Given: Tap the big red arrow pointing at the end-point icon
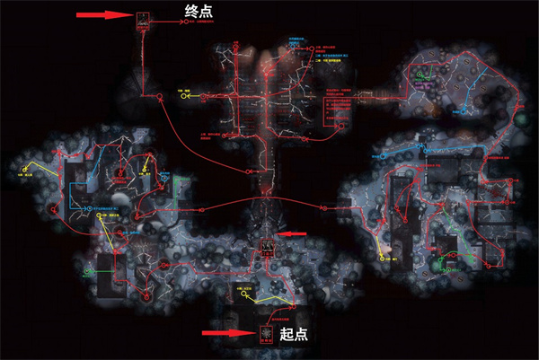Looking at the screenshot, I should [104, 15].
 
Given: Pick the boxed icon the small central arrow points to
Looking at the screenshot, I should [267, 245].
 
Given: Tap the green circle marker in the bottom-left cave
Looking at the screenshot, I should [86, 269].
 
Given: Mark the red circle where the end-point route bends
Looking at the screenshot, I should [142, 92].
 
